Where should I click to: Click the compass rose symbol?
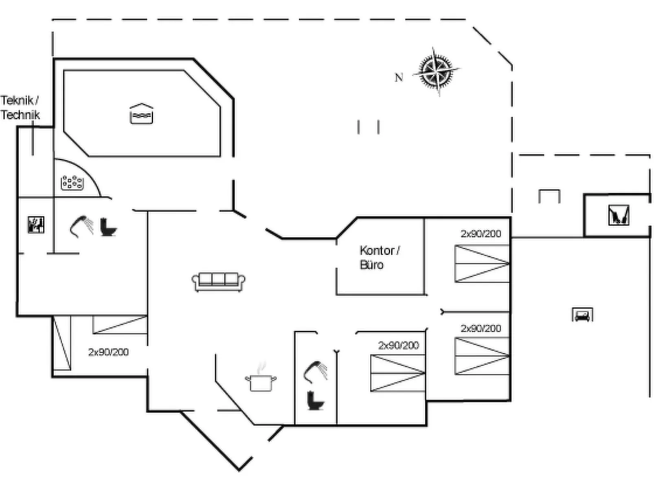[x=436, y=72]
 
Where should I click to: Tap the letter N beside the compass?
[x=399, y=77]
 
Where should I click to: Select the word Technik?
[x=20, y=115]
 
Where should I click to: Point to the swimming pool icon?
[x=142, y=114]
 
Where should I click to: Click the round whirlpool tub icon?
[x=72, y=183]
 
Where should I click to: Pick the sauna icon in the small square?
[x=36, y=225]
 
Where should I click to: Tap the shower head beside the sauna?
[x=81, y=227]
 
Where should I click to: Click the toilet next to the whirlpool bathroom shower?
[x=108, y=227]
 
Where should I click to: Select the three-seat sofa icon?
[x=218, y=282]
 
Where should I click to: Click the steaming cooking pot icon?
[x=261, y=377]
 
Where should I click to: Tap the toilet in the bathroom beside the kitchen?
[x=315, y=401]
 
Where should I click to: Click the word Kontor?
[x=377, y=251]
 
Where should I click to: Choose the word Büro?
[x=371, y=265]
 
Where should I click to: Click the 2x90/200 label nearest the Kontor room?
[x=481, y=234]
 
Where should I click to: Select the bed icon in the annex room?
[x=582, y=315]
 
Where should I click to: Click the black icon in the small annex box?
[x=619, y=215]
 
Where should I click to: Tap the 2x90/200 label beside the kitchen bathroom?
[x=399, y=345]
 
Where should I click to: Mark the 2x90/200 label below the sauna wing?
[x=108, y=352]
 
